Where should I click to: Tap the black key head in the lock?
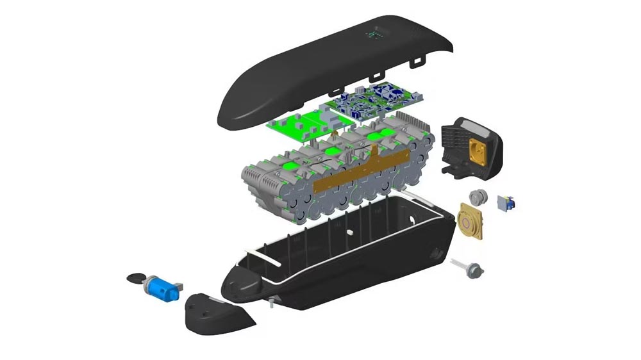[x=137, y=279]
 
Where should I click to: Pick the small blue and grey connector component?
[x=506, y=202]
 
